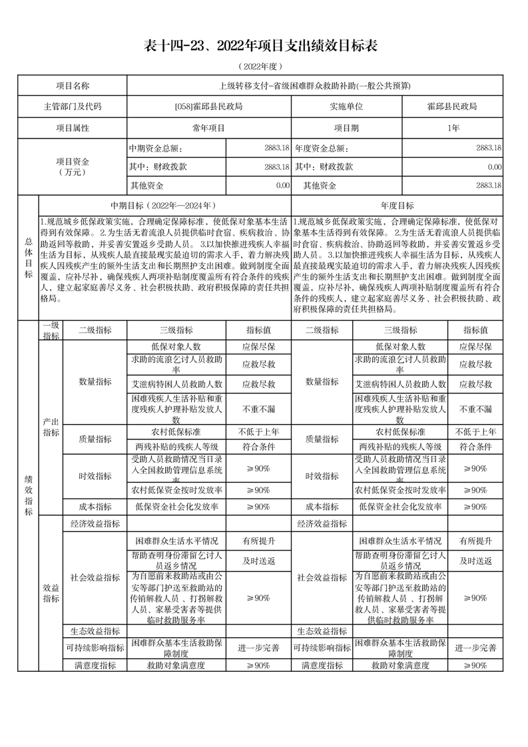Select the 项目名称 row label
click(x=72, y=86)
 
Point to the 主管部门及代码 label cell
click(x=72, y=106)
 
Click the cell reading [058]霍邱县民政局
click(x=208, y=106)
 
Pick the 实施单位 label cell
click(x=346, y=106)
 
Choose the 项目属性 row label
click(x=72, y=126)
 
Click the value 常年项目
click(x=208, y=126)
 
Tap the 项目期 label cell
click(x=346, y=126)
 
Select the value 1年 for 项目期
click(x=453, y=126)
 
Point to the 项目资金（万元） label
click(x=72, y=166)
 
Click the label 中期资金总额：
click(x=155, y=148)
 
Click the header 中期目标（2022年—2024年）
click(x=164, y=206)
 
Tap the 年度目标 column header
click(x=397, y=206)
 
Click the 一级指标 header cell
click(x=51, y=330)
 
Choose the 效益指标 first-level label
click(x=51, y=593)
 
